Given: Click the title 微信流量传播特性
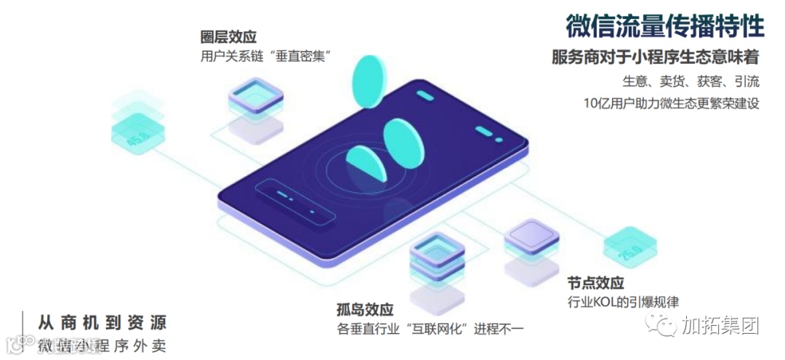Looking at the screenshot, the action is [664, 26].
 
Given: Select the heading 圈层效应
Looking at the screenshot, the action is [228, 37].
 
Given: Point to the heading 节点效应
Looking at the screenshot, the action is [595, 283].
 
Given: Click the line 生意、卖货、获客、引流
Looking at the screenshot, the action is [691, 80].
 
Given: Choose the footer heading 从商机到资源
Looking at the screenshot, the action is [102, 321].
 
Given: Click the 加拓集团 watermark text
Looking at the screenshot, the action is [720, 325].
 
